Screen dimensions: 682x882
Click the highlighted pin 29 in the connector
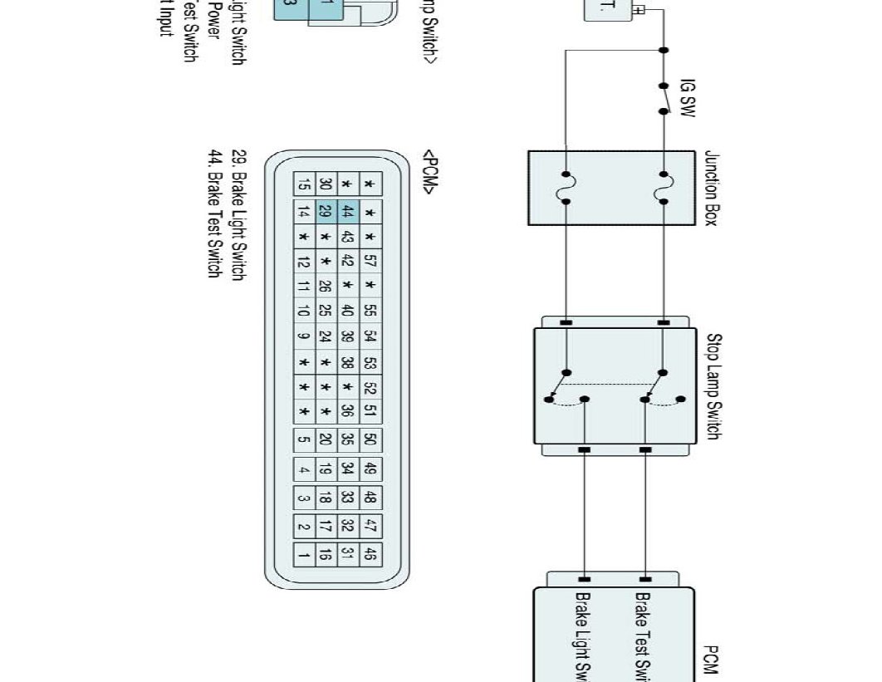(x=326, y=213)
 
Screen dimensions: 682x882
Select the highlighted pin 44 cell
(x=348, y=213)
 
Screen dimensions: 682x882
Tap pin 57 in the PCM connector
(x=370, y=262)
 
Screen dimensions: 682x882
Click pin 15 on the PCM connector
(x=304, y=184)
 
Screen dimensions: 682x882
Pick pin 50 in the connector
(x=370, y=439)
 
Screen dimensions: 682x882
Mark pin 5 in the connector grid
(x=305, y=439)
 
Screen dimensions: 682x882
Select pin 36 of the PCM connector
(x=348, y=410)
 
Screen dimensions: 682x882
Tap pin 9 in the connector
(x=304, y=337)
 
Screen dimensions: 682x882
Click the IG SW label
(x=687, y=98)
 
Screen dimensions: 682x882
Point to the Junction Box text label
(x=711, y=189)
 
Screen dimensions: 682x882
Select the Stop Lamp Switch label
(x=713, y=386)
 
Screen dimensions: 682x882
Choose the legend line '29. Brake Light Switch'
(x=238, y=215)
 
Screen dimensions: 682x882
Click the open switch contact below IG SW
(x=664, y=98)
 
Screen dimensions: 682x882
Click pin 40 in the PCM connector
(x=348, y=312)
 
